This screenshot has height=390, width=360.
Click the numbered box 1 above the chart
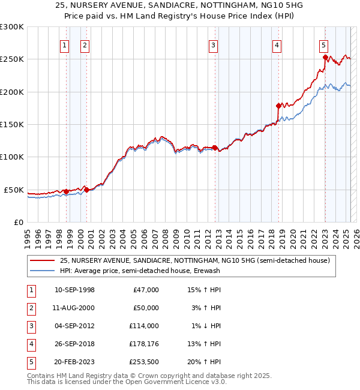pyautogui.click(x=64, y=44)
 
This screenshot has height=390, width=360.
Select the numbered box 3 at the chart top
pyautogui.click(x=213, y=44)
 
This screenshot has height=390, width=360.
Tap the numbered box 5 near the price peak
pyautogui.click(x=323, y=44)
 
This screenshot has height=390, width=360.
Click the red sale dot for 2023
pyautogui.click(x=325, y=58)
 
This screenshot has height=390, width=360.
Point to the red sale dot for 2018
pyautogui.click(x=279, y=106)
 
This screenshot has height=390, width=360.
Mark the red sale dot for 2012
pyautogui.click(x=214, y=148)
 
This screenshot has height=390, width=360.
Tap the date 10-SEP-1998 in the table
pyautogui.click(x=74, y=290)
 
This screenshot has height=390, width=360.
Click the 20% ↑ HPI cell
pyautogui.click(x=205, y=362)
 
